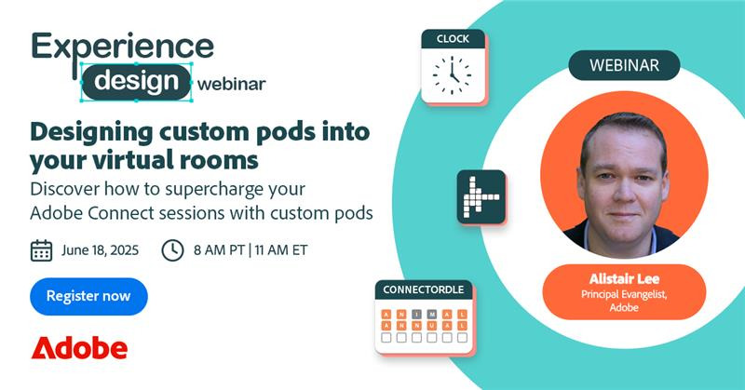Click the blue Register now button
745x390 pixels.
(x=88, y=296)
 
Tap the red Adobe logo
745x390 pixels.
(x=79, y=348)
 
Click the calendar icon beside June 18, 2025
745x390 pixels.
(x=41, y=250)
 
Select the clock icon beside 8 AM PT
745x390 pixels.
(x=172, y=250)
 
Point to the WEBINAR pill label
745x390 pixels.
(x=624, y=65)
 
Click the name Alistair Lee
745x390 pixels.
(x=624, y=279)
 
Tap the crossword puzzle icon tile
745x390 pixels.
(x=481, y=196)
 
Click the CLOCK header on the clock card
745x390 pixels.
(x=453, y=39)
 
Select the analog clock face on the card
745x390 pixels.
(x=452, y=74)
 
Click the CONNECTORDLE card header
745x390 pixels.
(x=424, y=289)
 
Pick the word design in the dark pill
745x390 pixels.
(x=136, y=81)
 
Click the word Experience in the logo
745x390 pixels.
(x=123, y=47)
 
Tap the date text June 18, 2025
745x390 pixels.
(x=101, y=250)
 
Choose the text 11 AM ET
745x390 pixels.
(x=281, y=250)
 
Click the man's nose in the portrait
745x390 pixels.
(x=623, y=188)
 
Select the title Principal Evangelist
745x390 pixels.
(x=624, y=294)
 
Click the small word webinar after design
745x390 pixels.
(x=231, y=85)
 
